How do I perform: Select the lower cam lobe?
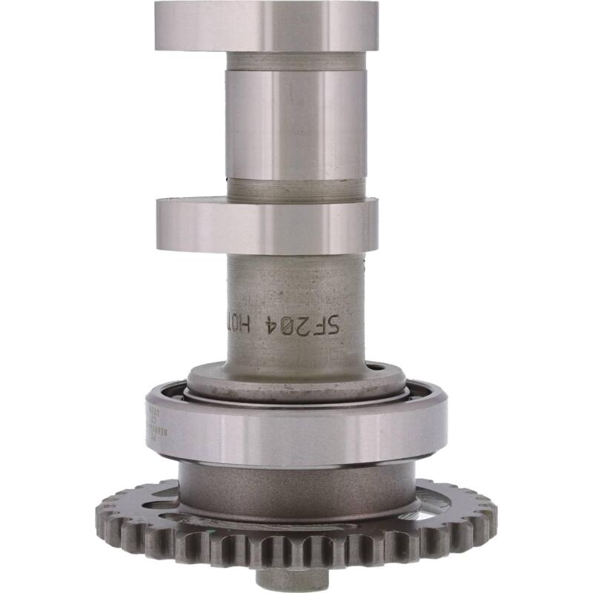click(x=266, y=225)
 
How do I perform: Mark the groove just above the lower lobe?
click(x=296, y=189)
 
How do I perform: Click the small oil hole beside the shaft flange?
click(x=379, y=366)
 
